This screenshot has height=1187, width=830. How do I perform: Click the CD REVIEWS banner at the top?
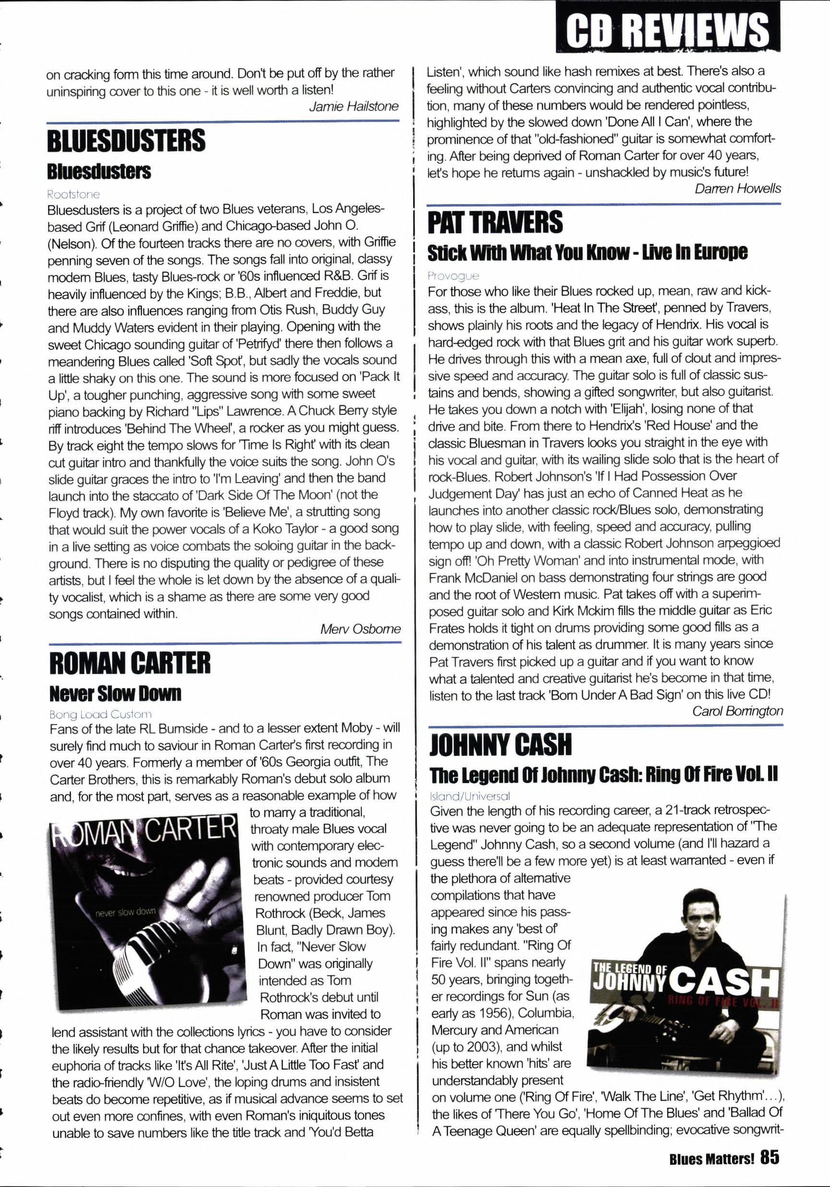[x=668, y=29]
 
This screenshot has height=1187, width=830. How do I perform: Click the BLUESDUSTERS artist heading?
[x=126, y=141]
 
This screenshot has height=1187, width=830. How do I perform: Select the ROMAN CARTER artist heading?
[x=130, y=663]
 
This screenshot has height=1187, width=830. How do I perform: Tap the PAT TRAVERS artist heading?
[x=495, y=223]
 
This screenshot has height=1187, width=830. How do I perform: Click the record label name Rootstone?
[x=73, y=194]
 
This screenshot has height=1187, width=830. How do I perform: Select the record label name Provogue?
[x=453, y=276]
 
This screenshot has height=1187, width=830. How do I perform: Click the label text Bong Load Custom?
[x=100, y=715]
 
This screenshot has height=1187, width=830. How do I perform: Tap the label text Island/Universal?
[x=470, y=797]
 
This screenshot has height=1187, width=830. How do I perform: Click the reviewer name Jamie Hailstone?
[x=354, y=107]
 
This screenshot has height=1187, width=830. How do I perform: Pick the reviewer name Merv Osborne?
[x=360, y=629]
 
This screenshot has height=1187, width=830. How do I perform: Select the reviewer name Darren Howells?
[x=737, y=189]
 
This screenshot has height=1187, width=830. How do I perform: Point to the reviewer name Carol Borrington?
[x=737, y=711]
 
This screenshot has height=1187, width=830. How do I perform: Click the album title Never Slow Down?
[x=115, y=693]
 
